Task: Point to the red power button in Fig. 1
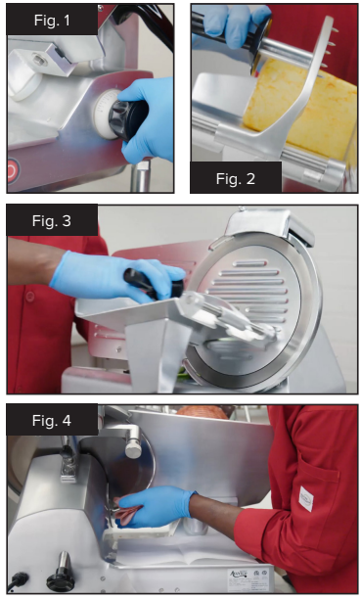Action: click(x=11, y=171)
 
